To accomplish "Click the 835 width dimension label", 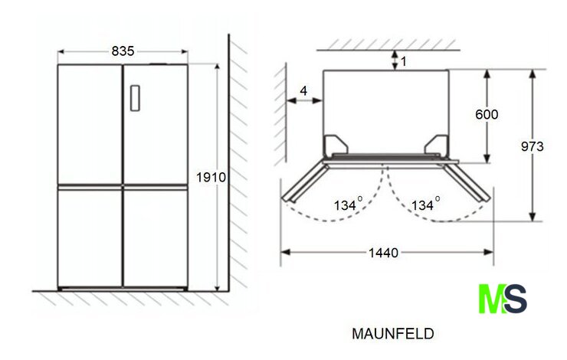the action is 123,51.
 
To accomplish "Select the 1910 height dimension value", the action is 211,178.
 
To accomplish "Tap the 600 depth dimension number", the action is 487,115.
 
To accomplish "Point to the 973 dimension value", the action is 533,146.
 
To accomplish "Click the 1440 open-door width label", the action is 383,253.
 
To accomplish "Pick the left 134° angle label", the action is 348,204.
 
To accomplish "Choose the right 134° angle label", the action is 426,204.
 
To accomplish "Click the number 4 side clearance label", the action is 303,90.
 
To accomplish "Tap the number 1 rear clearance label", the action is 404,61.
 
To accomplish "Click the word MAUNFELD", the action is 393,334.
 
